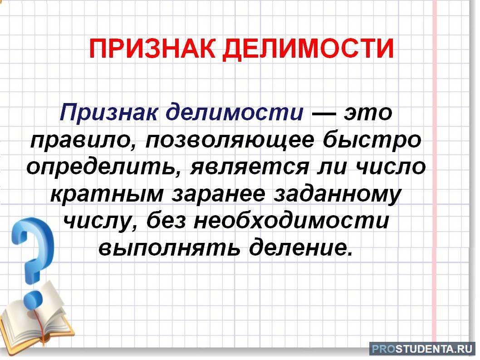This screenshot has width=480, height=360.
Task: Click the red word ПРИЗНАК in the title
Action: (152, 49)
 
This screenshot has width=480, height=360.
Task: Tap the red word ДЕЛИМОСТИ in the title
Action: (308, 49)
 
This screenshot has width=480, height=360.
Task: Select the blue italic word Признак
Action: (109, 113)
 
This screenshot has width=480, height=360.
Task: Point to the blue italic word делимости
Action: (235, 113)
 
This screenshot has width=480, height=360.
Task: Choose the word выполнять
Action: (169, 247)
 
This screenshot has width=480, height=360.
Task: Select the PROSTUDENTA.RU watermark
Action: (422, 349)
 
